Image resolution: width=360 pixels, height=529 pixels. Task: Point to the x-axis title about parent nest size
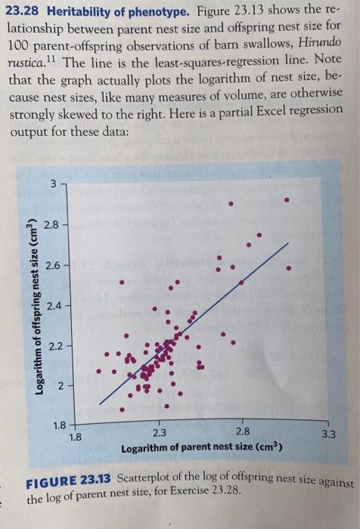(x=201, y=448)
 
